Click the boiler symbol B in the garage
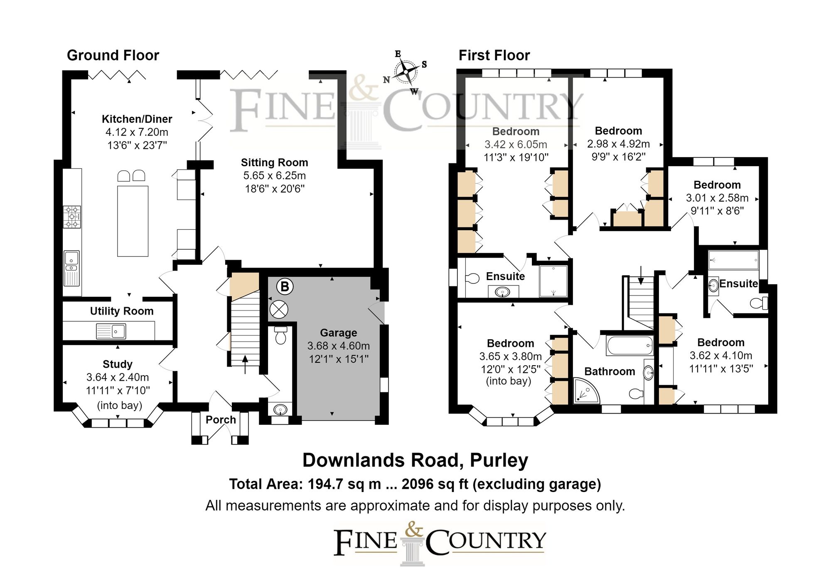pyautogui.click(x=285, y=286)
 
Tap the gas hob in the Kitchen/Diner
pyautogui.click(x=72, y=217)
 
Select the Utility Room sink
pyautogui.click(x=111, y=331)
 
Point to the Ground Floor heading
pyautogui.click(x=113, y=55)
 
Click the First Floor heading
pyautogui.click(x=494, y=55)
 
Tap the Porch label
pyautogui.click(x=221, y=420)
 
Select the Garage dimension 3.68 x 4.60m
pyautogui.click(x=338, y=346)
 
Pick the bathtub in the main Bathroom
pyautogui.click(x=629, y=346)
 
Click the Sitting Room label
pyautogui.click(x=274, y=162)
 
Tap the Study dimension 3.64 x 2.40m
pyautogui.click(x=118, y=377)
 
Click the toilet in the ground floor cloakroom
pyautogui.click(x=281, y=336)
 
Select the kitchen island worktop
pyautogui.click(x=133, y=221)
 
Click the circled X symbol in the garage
pyautogui.click(x=279, y=309)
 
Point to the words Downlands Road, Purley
pyautogui.click(x=415, y=460)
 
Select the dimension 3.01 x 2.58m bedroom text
pyautogui.click(x=717, y=198)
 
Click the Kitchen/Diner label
pyautogui.click(x=137, y=119)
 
